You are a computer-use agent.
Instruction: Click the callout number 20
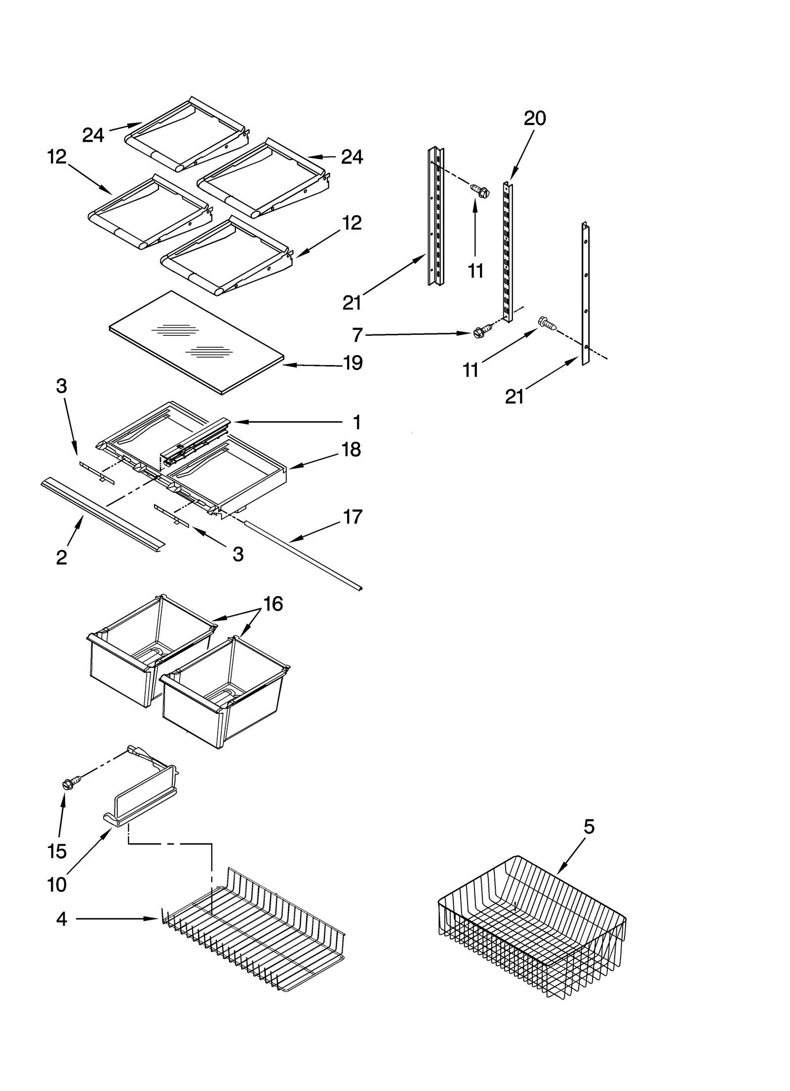[x=535, y=119]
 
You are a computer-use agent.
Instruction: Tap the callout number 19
[x=353, y=363]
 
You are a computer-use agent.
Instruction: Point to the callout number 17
[x=353, y=517]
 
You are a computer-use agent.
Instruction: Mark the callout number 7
[x=358, y=335]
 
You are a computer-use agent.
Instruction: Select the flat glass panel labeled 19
[x=197, y=343]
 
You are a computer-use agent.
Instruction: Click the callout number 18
[x=351, y=450]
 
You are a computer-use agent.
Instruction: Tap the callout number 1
[x=356, y=423]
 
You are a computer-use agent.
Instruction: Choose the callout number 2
[x=61, y=558]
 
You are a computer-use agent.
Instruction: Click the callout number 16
[x=273, y=604]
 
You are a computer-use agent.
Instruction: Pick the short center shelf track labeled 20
[x=507, y=252]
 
